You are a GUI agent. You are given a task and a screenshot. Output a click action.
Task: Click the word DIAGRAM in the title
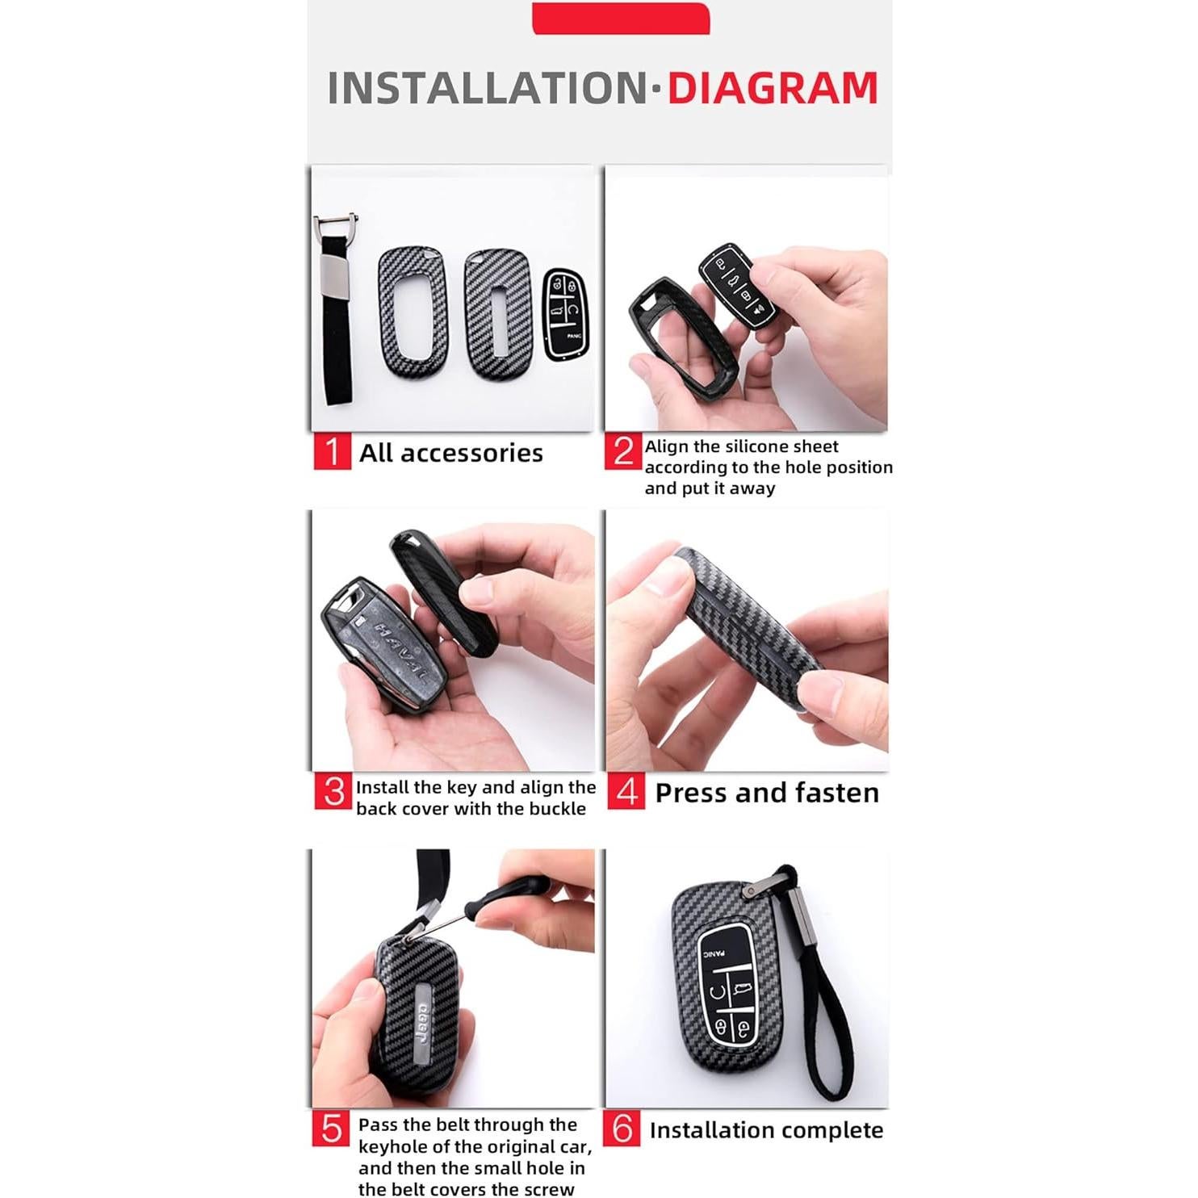772,88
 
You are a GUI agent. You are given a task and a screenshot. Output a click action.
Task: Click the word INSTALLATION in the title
488,88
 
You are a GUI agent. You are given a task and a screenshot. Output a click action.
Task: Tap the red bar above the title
620,18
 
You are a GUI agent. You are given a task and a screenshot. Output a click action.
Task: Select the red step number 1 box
332,451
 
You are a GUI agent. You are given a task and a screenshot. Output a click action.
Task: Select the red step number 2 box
622,451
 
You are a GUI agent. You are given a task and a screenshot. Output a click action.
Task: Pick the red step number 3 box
333,792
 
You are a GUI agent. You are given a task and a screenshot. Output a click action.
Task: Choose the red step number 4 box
626,792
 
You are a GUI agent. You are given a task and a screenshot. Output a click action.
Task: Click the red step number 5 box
331,1129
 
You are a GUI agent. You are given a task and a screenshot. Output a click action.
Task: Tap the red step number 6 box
622,1129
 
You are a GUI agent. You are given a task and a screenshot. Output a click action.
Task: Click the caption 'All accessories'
450,453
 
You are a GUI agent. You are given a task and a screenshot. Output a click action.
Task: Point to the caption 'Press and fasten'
766,793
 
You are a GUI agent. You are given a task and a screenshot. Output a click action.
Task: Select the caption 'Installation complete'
765,1130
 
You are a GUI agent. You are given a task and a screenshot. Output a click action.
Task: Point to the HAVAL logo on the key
392,650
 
